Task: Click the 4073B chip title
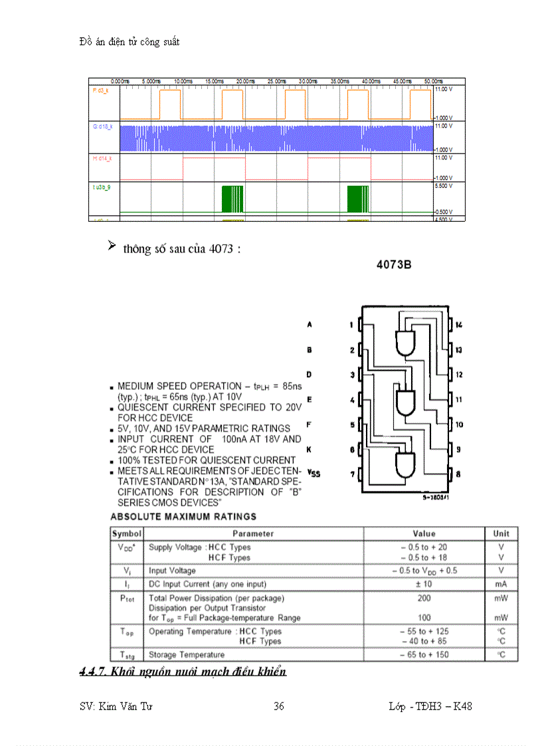pos(394,264)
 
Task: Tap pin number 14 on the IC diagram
pos(458,325)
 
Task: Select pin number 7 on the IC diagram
pos(351,474)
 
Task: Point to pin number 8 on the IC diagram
pos(458,474)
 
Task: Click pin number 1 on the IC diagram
pos(351,325)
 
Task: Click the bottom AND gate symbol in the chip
pos(405,464)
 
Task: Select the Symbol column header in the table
pos(127,533)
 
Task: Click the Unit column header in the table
pos(501,533)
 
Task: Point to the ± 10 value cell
pos(424,584)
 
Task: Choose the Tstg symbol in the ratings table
pos(126,655)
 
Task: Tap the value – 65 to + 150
pos(424,655)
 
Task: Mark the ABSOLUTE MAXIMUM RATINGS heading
pos(183,516)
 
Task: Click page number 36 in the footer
pos(279,706)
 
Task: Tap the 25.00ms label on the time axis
pos(276,81)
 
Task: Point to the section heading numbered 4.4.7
pos(183,672)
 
